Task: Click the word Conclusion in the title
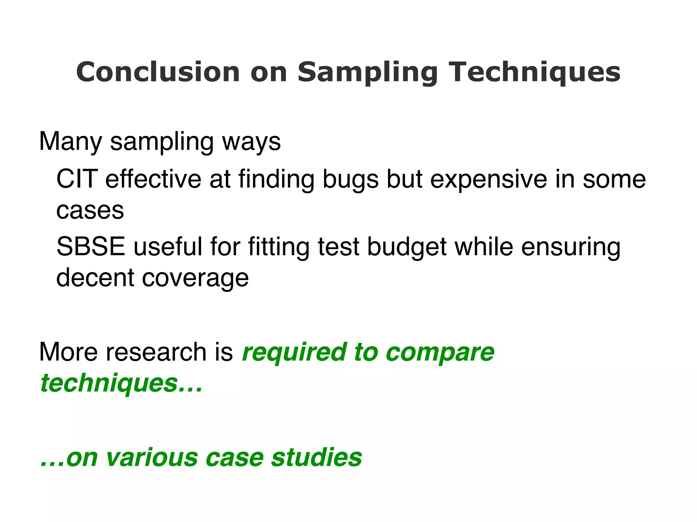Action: [x=158, y=72]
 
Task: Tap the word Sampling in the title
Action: [x=368, y=73]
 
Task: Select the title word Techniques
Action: [x=536, y=73]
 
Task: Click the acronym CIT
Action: [x=77, y=179]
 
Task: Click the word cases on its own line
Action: [x=90, y=211]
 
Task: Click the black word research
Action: [x=156, y=352]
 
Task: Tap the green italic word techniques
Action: [x=109, y=383]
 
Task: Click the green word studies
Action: [x=317, y=457]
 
